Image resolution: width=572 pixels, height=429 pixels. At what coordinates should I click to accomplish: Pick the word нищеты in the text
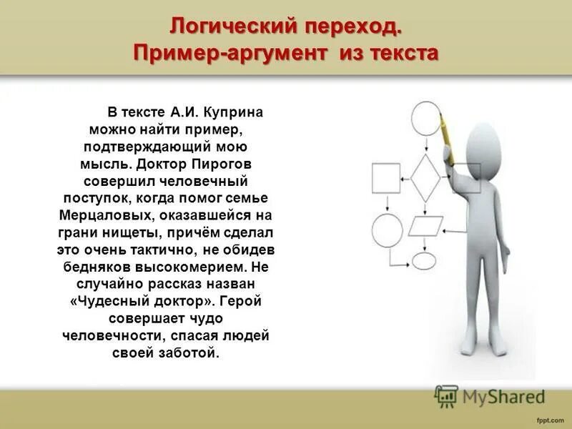pos(137,232)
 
